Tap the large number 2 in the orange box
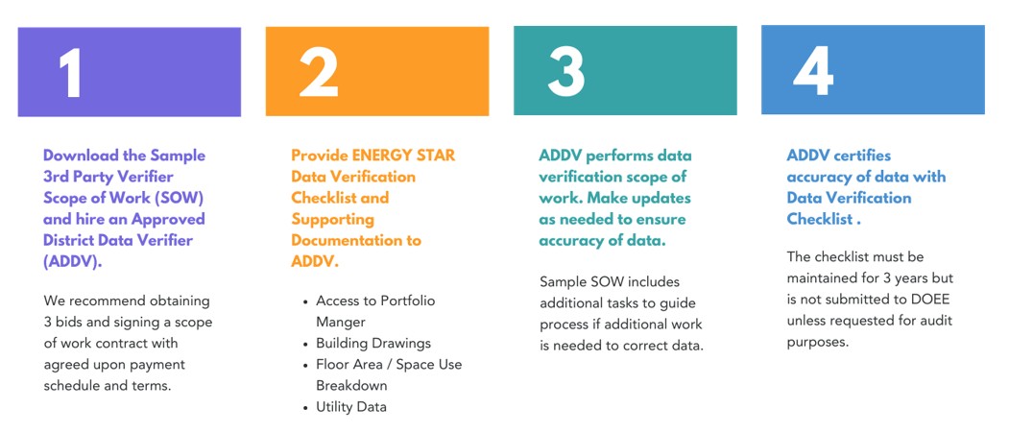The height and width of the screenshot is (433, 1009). point(319,73)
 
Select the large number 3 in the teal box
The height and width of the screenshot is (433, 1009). point(566,72)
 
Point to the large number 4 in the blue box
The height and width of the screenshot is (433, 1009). point(813,70)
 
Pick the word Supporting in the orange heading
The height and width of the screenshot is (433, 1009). point(333,220)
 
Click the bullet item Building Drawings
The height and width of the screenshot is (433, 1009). point(373,343)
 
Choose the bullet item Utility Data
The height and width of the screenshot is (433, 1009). point(351,407)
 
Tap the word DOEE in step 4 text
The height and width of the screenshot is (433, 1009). point(932,300)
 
